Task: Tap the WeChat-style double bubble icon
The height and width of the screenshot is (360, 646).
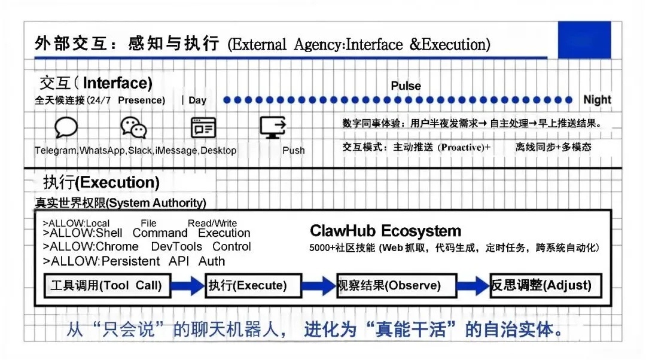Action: coord(133,127)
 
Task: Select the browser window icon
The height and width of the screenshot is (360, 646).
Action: coord(203,127)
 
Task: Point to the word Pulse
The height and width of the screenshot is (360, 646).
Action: coord(406,86)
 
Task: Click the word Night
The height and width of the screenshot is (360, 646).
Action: coord(597,100)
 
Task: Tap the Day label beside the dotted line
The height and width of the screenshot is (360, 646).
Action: coord(197,100)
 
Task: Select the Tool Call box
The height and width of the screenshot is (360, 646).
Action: coord(106,285)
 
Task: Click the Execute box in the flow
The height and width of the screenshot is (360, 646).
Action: coord(246,286)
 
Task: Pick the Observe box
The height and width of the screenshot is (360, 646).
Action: coord(396,286)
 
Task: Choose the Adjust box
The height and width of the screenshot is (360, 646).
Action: coord(544,285)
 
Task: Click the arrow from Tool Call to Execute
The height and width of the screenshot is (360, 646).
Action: coord(188,286)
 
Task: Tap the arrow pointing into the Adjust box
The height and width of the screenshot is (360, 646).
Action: coord(473,286)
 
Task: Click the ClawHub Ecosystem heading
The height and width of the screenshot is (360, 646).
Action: coord(385,231)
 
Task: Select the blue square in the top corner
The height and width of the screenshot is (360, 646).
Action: coord(584,40)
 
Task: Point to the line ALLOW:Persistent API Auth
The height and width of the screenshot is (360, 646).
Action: coord(134,261)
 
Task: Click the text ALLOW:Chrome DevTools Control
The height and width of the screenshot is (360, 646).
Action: coord(147,247)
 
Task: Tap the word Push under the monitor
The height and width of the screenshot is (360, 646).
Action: coord(293,151)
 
